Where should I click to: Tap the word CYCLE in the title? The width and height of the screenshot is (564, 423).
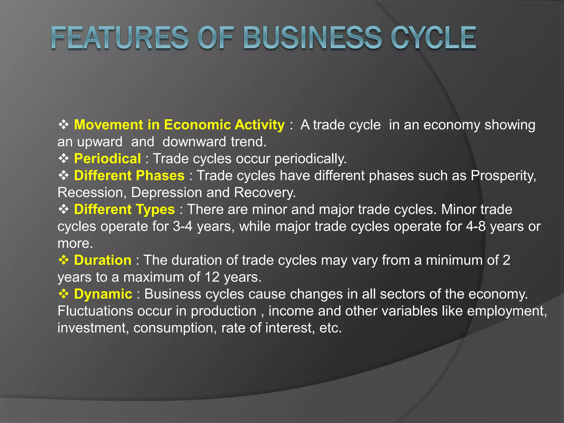pos(433,38)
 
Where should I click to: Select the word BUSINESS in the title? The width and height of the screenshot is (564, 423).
pos(312,38)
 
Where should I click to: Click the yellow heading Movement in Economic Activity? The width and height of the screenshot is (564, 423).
pos(179,125)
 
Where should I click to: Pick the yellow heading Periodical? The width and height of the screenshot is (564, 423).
pos(107,159)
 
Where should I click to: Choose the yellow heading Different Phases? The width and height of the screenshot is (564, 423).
pos(129,176)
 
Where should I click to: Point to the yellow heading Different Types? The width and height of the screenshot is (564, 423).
pos(124,210)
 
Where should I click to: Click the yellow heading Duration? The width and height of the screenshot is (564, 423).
pos(103,260)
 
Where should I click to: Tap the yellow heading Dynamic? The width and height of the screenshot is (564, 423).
pos(103,294)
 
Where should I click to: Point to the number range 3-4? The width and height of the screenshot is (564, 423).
pos(183,227)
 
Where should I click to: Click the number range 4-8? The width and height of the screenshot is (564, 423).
pos(476,227)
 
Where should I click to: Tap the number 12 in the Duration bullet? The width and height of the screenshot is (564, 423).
pos(212,277)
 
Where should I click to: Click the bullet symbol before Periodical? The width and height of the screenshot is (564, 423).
pos(64,159)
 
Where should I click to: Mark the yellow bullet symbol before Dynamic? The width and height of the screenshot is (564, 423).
pos(64,294)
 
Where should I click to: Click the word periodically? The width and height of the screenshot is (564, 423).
pos(310,159)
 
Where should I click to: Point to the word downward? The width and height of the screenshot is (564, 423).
pos(194,142)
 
